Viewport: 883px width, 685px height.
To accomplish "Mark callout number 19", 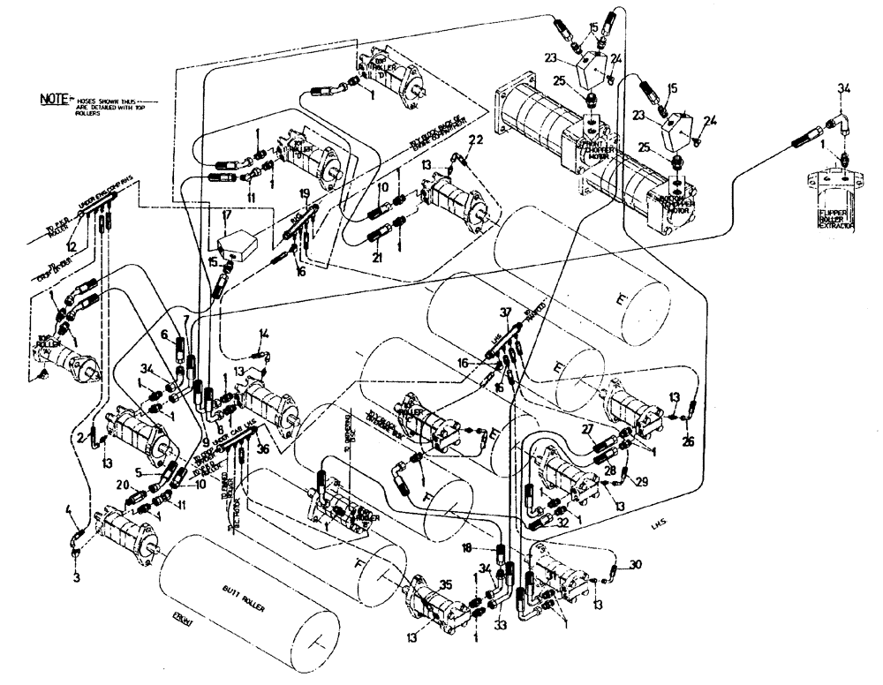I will click(304, 192).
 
